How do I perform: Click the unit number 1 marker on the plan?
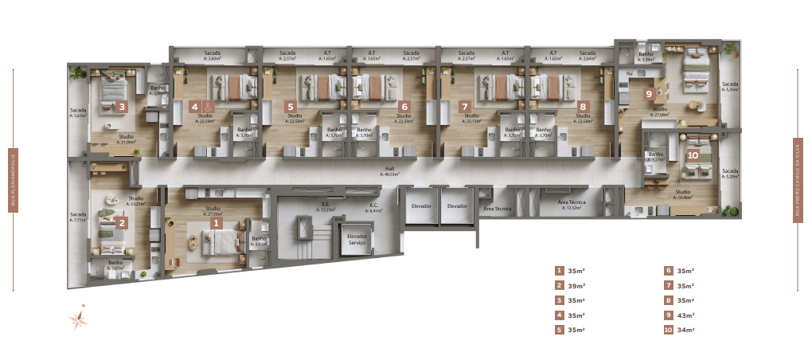pyautogui.click(x=216, y=225)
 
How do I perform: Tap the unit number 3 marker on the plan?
pyautogui.click(x=121, y=223)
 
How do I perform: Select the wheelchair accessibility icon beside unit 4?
pyautogui.click(x=208, y=106)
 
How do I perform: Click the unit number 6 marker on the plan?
pyautogui.click(x=404, y=106)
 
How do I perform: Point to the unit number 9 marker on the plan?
pyautogui.click(x=649, y=93)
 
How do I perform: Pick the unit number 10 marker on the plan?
pyautogui.click(x=693, y=155)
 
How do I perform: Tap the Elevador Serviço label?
pyautogui.click(x=356, y=239)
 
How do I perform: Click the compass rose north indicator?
pyautogui.click(x=79, y=319)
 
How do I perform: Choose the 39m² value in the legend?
pyautogui.click(x=577, y=285)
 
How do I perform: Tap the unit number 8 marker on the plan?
pyautogui.click(x=584, y=106)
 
